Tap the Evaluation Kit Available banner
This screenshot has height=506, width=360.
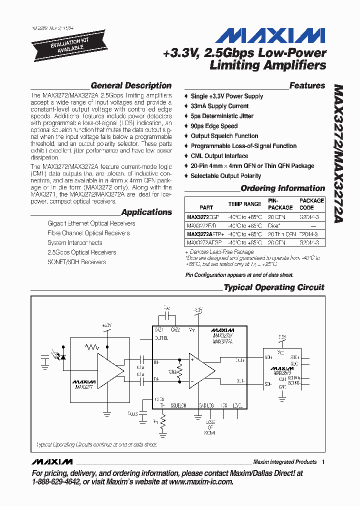(62, 44)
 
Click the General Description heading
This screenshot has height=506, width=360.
(131, 85)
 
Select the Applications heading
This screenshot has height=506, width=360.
(146, 212)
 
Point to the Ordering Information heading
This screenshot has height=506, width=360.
(282, 188)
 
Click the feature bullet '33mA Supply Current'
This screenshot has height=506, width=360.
(219, 106)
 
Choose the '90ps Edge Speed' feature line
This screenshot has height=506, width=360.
(214, 126)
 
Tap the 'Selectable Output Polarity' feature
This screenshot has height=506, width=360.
(225, 176)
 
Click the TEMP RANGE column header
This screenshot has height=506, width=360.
(244, 204)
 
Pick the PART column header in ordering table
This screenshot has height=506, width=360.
(206, 207)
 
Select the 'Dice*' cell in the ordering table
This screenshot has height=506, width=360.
(274, 225)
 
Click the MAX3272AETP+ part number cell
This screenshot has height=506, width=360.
(205, 233)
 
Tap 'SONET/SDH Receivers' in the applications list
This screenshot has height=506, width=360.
(76, 261)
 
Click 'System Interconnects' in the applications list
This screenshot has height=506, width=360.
(74, 242)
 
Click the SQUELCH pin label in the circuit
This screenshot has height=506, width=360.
(178, 405)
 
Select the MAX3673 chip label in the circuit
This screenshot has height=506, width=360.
(282, 373)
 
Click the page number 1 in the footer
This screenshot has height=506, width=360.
(323, 461)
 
